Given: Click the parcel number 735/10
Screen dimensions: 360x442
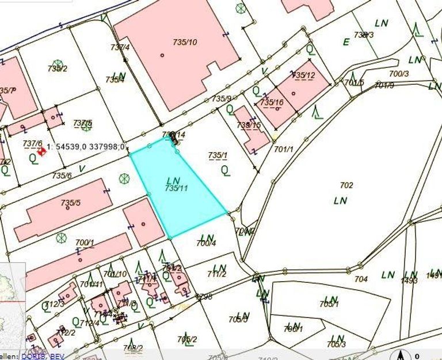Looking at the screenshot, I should coord(185,42).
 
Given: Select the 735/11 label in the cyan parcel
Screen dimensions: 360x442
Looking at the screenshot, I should coord(176,188).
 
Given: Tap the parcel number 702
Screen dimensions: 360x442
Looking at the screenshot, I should coord(346,185).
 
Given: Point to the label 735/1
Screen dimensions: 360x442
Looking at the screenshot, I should coord(218,155).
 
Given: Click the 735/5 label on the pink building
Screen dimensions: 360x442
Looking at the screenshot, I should coord(71,203).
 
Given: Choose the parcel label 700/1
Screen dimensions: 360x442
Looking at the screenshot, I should coord(85,242).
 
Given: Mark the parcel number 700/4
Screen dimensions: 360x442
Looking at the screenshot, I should coord(205,244).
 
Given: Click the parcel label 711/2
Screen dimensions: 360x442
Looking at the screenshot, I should coord(216,274).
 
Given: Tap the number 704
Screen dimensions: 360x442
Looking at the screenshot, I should coord(361,279).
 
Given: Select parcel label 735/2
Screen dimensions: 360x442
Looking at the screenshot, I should coord(58,69).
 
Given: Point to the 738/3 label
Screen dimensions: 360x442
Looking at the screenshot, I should coord(364,35).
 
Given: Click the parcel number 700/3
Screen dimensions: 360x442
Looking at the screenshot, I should coord(399,74).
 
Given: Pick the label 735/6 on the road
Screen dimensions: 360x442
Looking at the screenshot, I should coord(62,176).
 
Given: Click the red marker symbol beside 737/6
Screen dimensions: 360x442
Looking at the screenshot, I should coord(41,151).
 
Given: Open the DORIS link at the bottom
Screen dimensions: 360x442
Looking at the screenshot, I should coord(33,357).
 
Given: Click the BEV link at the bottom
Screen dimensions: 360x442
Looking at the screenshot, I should coord(57,357).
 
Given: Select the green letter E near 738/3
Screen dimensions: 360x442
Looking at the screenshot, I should coord(346,42).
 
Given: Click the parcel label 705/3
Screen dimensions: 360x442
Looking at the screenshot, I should coord(336,344).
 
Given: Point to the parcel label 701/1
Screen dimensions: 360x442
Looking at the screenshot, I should coord(284,149).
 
